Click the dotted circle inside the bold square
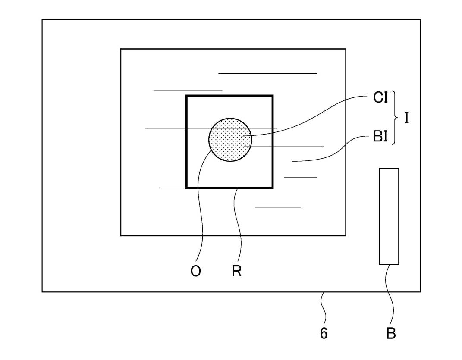pyautogui.click(x=229, y=139)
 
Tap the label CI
pyautogui.click(x=380, y=98)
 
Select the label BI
pyautogui.click(x=380, y=138)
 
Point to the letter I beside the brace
pyautogui.click(x=406, y=118)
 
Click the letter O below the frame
pyautogui.click(x=195, y=272)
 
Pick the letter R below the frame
pyautogui.click(x=236, y=272)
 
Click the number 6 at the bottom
pyautogui.click(x=324, y=333)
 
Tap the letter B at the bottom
pyautogui.click(x=391, y=333)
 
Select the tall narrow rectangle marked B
pyautogui.click(x=389, y=216)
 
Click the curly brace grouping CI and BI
pyautogui.click(x=394, y=118)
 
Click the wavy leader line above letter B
pyautogui.click(x=391, y=297)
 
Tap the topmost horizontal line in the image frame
pyautogui.click(x=267, y=74)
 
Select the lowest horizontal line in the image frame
pyautogui.click(x=277, y=207)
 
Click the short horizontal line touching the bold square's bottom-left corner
pyautogui.click(x=173, y=188)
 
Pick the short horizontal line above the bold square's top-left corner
pyautogui.click(x=188, y=90)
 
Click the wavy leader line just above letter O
pyautogui.click(x=199, y=207)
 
